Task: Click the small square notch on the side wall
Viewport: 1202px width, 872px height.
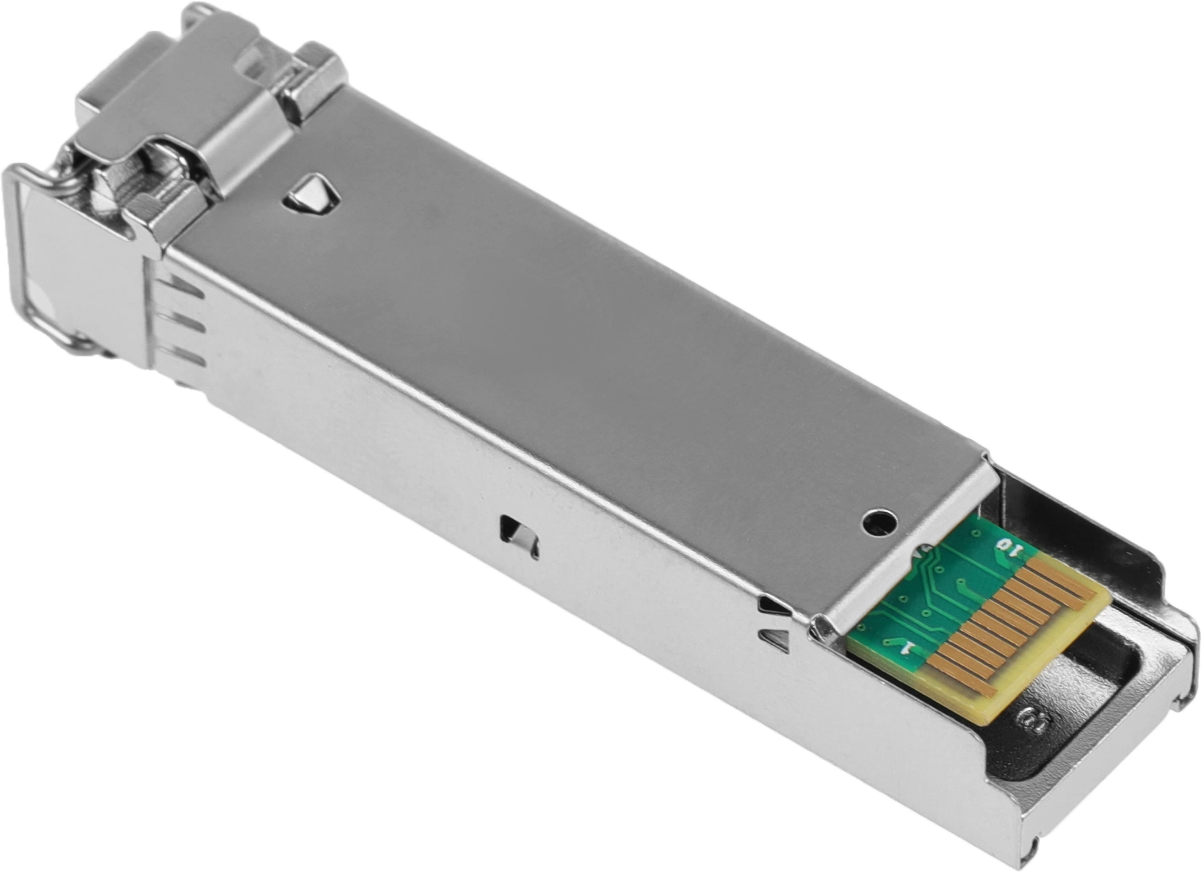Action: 520,537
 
